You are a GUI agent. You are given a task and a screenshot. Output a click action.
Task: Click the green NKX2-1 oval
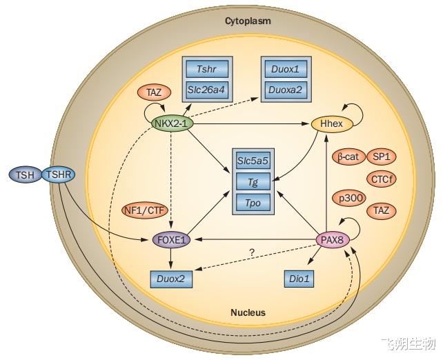(x=173, y=123)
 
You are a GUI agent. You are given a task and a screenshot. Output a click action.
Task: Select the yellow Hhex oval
(x=332, y=123)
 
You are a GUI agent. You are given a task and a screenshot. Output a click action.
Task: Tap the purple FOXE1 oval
(x=171, y=240)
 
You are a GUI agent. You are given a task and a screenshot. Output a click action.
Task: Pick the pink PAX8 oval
(x=333, y=240)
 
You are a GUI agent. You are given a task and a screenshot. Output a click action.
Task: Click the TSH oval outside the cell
(x=26, y=174)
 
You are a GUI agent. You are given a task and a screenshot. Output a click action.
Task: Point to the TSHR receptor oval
(x=59, y=174)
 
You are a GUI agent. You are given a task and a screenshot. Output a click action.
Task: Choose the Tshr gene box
(x=207, y=69)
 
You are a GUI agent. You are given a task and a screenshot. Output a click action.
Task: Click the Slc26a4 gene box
(x=207, y=90)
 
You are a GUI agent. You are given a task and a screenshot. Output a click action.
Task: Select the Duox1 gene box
(x=286, y=69)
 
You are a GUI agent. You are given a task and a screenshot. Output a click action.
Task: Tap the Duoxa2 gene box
(x=286, y=90)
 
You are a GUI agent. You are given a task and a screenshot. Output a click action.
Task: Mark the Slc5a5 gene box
(x=253, y=161)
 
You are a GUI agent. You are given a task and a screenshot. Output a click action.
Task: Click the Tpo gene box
(x=253, y=203)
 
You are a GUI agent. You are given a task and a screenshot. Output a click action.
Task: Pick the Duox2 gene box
(x=171, y=279)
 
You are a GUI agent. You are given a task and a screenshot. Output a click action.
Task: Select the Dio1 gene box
(x=299, y=279)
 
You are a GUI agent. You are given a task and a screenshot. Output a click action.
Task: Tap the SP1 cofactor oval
(x=382, y=157)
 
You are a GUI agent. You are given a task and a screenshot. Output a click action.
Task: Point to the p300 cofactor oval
(x=349, y=199)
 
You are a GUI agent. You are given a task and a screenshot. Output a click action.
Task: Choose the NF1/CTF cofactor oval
(x=145, y=210)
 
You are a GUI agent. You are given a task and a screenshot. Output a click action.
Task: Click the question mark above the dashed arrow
(x=252, y=252)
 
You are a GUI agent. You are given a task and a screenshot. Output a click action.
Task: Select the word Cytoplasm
(x=248, y=21)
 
